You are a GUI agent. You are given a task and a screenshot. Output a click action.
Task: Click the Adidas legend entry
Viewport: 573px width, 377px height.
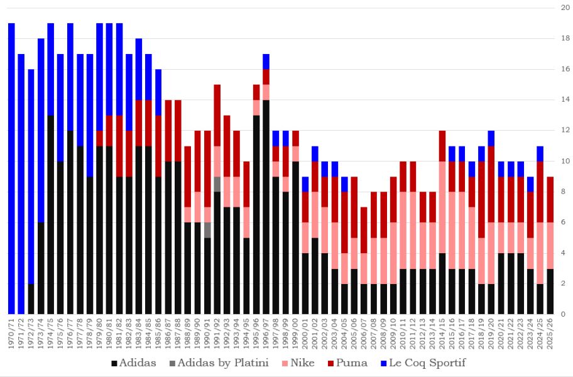(x=133, y=363)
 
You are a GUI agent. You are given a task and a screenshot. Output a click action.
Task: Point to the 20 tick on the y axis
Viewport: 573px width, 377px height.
(x=565, y=8)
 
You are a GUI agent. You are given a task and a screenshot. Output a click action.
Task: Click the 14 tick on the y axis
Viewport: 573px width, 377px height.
(x=565, y=100)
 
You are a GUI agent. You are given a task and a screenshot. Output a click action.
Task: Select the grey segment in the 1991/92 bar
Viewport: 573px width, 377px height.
(x=217, y=184)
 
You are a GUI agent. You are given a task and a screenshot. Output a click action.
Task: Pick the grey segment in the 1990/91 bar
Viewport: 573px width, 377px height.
(x=207, y=230)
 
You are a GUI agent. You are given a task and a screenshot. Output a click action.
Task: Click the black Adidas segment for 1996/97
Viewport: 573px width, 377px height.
(x=266, y=207)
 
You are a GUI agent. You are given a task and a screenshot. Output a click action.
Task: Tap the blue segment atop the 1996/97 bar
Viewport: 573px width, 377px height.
(x=266, y=62)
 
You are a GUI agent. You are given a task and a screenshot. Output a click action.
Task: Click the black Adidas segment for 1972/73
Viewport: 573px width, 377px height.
(x=31, y=298)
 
